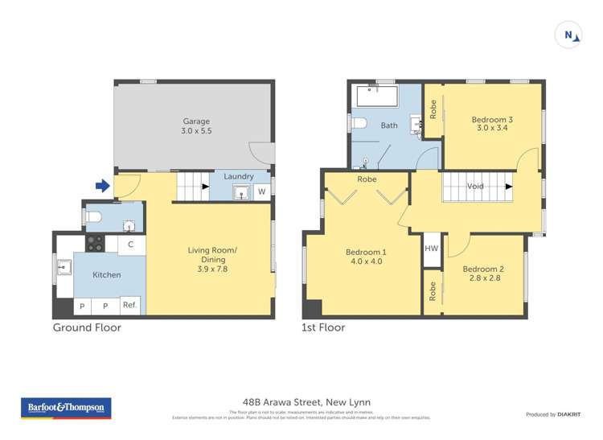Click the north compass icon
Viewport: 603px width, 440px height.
569,35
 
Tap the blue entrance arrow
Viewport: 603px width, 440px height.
102,186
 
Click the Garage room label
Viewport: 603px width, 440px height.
195,121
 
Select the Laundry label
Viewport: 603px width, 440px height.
239,176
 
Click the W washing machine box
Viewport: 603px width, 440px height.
261,191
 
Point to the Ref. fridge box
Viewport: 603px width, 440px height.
129,305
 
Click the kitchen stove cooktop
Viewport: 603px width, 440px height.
95,243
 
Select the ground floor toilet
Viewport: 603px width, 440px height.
93,216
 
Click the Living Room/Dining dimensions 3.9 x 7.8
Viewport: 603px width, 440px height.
212,270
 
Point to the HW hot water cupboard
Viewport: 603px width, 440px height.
432,249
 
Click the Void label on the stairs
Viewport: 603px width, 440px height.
475,186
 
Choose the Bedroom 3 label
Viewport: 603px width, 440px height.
492,120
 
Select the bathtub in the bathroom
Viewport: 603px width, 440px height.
376,97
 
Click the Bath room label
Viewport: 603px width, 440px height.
389,125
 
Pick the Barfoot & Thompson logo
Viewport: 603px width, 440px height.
66,408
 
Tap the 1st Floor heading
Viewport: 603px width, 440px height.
324,327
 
